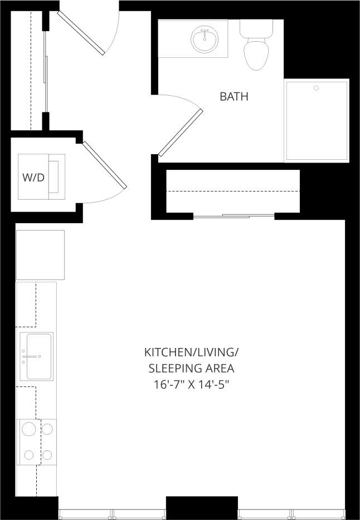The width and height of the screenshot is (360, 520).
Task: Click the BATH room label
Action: (234, 97)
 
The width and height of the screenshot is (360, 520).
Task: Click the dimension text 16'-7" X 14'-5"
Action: (191, 384)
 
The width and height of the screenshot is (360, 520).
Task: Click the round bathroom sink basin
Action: (205, 39)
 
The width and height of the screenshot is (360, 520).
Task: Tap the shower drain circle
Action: (316, 88)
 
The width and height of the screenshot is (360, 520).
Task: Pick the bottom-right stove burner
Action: (47, 454)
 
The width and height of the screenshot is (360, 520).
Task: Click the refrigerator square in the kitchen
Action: (40, 255)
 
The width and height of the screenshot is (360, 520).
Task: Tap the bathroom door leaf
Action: (180, 133)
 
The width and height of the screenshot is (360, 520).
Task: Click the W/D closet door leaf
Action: (104, 165)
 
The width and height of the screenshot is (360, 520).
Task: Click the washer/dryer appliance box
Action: (42, 176)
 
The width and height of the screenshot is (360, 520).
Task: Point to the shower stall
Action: (317, 120)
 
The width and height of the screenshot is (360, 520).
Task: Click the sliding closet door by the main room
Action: (234, 215)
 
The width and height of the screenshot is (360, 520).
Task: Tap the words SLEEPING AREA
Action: (191, 369)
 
